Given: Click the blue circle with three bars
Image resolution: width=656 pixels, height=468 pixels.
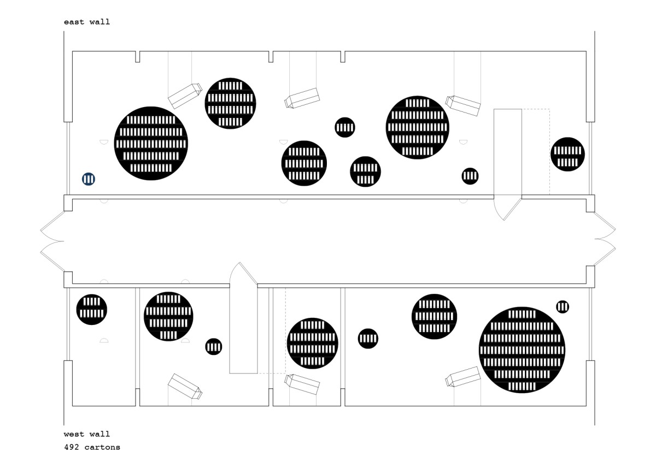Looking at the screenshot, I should coord(89,179).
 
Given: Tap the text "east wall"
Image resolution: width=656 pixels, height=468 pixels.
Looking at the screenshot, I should coord(86,22).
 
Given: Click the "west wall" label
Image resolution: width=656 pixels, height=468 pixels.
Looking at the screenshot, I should coord(86,434).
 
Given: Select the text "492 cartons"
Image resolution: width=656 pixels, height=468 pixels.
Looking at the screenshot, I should coord(92,447).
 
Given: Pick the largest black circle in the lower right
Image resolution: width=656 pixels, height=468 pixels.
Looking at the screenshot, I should coord(522,349).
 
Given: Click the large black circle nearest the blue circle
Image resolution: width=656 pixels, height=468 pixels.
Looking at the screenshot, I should coord(151,143).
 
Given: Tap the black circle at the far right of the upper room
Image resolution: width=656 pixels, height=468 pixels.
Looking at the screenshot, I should coord(567,154).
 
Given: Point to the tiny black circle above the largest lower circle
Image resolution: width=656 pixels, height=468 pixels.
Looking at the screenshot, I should coord(563,306).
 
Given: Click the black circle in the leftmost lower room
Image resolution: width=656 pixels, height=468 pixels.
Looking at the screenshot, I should coord(91,310).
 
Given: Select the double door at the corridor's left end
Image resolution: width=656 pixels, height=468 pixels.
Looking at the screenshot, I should coord(52,241).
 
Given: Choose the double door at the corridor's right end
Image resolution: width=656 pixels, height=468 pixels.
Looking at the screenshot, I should coord(605,241).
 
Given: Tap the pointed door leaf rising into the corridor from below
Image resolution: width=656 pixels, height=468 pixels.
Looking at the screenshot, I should coord(243,275).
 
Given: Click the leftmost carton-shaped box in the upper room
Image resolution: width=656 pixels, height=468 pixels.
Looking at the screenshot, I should coord(185,96).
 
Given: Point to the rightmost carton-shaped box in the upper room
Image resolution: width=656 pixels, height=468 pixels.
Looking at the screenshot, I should coord(463,105).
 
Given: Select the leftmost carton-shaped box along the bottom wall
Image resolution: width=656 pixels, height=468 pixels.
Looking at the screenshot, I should coord(185,386).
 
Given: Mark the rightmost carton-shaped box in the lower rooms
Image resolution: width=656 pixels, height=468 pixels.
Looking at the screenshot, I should coord(462,377).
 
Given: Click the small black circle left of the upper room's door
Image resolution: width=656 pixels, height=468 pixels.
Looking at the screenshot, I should coord(470,176).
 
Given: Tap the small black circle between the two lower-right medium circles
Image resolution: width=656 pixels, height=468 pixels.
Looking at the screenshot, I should coord(368,339).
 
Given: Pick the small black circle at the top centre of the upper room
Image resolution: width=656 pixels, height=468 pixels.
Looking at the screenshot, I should coord(345,127).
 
